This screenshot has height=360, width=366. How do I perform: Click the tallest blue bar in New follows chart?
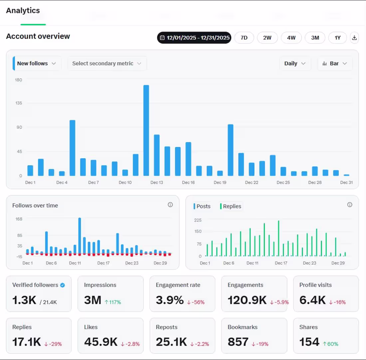(x=146, y=130)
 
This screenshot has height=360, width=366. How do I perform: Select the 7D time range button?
(x=244, y=38)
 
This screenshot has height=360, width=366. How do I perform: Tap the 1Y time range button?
(x=337, y=38)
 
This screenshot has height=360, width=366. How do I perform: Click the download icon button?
(x=354, y=38)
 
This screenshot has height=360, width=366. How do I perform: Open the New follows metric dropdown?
(x=37, y=64)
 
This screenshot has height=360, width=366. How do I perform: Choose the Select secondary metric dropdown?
(x=107, y=64)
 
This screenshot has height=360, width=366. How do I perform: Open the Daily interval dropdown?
(x=295, y=64)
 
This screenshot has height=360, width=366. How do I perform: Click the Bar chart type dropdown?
(x=335, y=64)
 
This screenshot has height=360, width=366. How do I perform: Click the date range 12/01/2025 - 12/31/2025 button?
(x=194, y=38)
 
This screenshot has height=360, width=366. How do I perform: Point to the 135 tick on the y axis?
(x=19, y=103)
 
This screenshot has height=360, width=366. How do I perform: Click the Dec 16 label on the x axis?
(x=188, y=183)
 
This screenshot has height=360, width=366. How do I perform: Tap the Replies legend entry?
(x=231, y=206)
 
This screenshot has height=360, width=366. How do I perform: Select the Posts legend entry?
(x=202, y=206)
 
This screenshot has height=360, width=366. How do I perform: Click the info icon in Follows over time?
(x=170, y=205)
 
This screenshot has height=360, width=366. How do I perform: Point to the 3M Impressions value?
(x=93, y=300)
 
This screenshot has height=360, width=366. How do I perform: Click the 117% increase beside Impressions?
(x=113, y=302)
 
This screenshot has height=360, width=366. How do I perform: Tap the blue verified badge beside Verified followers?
(x=63, y=285)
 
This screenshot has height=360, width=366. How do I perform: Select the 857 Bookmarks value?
(x=238, y=342)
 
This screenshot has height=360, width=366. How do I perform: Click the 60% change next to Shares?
(x=330, y=344)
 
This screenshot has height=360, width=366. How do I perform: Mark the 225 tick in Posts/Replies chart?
(x=198, y=220)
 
